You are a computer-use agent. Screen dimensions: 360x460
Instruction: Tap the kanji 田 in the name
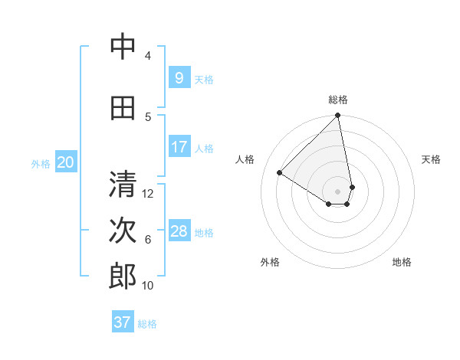tap(123, 108)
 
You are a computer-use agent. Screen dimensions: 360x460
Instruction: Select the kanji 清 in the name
tap(123, 185)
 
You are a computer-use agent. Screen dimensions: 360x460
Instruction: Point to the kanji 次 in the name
tap(123, 231)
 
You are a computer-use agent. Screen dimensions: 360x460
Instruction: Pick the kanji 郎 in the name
tap(123, 277)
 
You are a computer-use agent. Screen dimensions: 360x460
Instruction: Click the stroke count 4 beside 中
tap(147, 55)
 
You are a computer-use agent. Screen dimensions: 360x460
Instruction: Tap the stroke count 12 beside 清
tap(149, 193)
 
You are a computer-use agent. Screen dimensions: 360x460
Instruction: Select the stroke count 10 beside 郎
tap(148, 285)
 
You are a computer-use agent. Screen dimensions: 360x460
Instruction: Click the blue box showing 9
tap(179, 78)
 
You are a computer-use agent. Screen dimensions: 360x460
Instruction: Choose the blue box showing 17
tap(179, 147)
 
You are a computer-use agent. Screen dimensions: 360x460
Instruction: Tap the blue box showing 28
tap(179, 231)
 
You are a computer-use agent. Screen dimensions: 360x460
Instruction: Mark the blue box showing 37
tap(122, 322)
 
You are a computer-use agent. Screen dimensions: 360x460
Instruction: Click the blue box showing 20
tap(65, 162)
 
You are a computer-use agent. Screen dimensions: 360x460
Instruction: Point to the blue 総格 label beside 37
tap(147, 324)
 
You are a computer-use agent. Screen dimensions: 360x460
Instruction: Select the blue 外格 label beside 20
tap(40, 163)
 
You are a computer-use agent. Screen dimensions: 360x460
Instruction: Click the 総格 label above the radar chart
tap(337, 100)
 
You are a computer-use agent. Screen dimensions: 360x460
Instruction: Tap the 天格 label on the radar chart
tap(431, 159)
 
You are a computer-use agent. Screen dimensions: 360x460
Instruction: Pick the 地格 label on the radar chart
tap(402, 262)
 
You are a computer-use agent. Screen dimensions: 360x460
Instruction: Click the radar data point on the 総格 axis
tap(337, 116)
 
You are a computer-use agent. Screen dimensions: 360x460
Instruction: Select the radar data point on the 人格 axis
tap(280, 172)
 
